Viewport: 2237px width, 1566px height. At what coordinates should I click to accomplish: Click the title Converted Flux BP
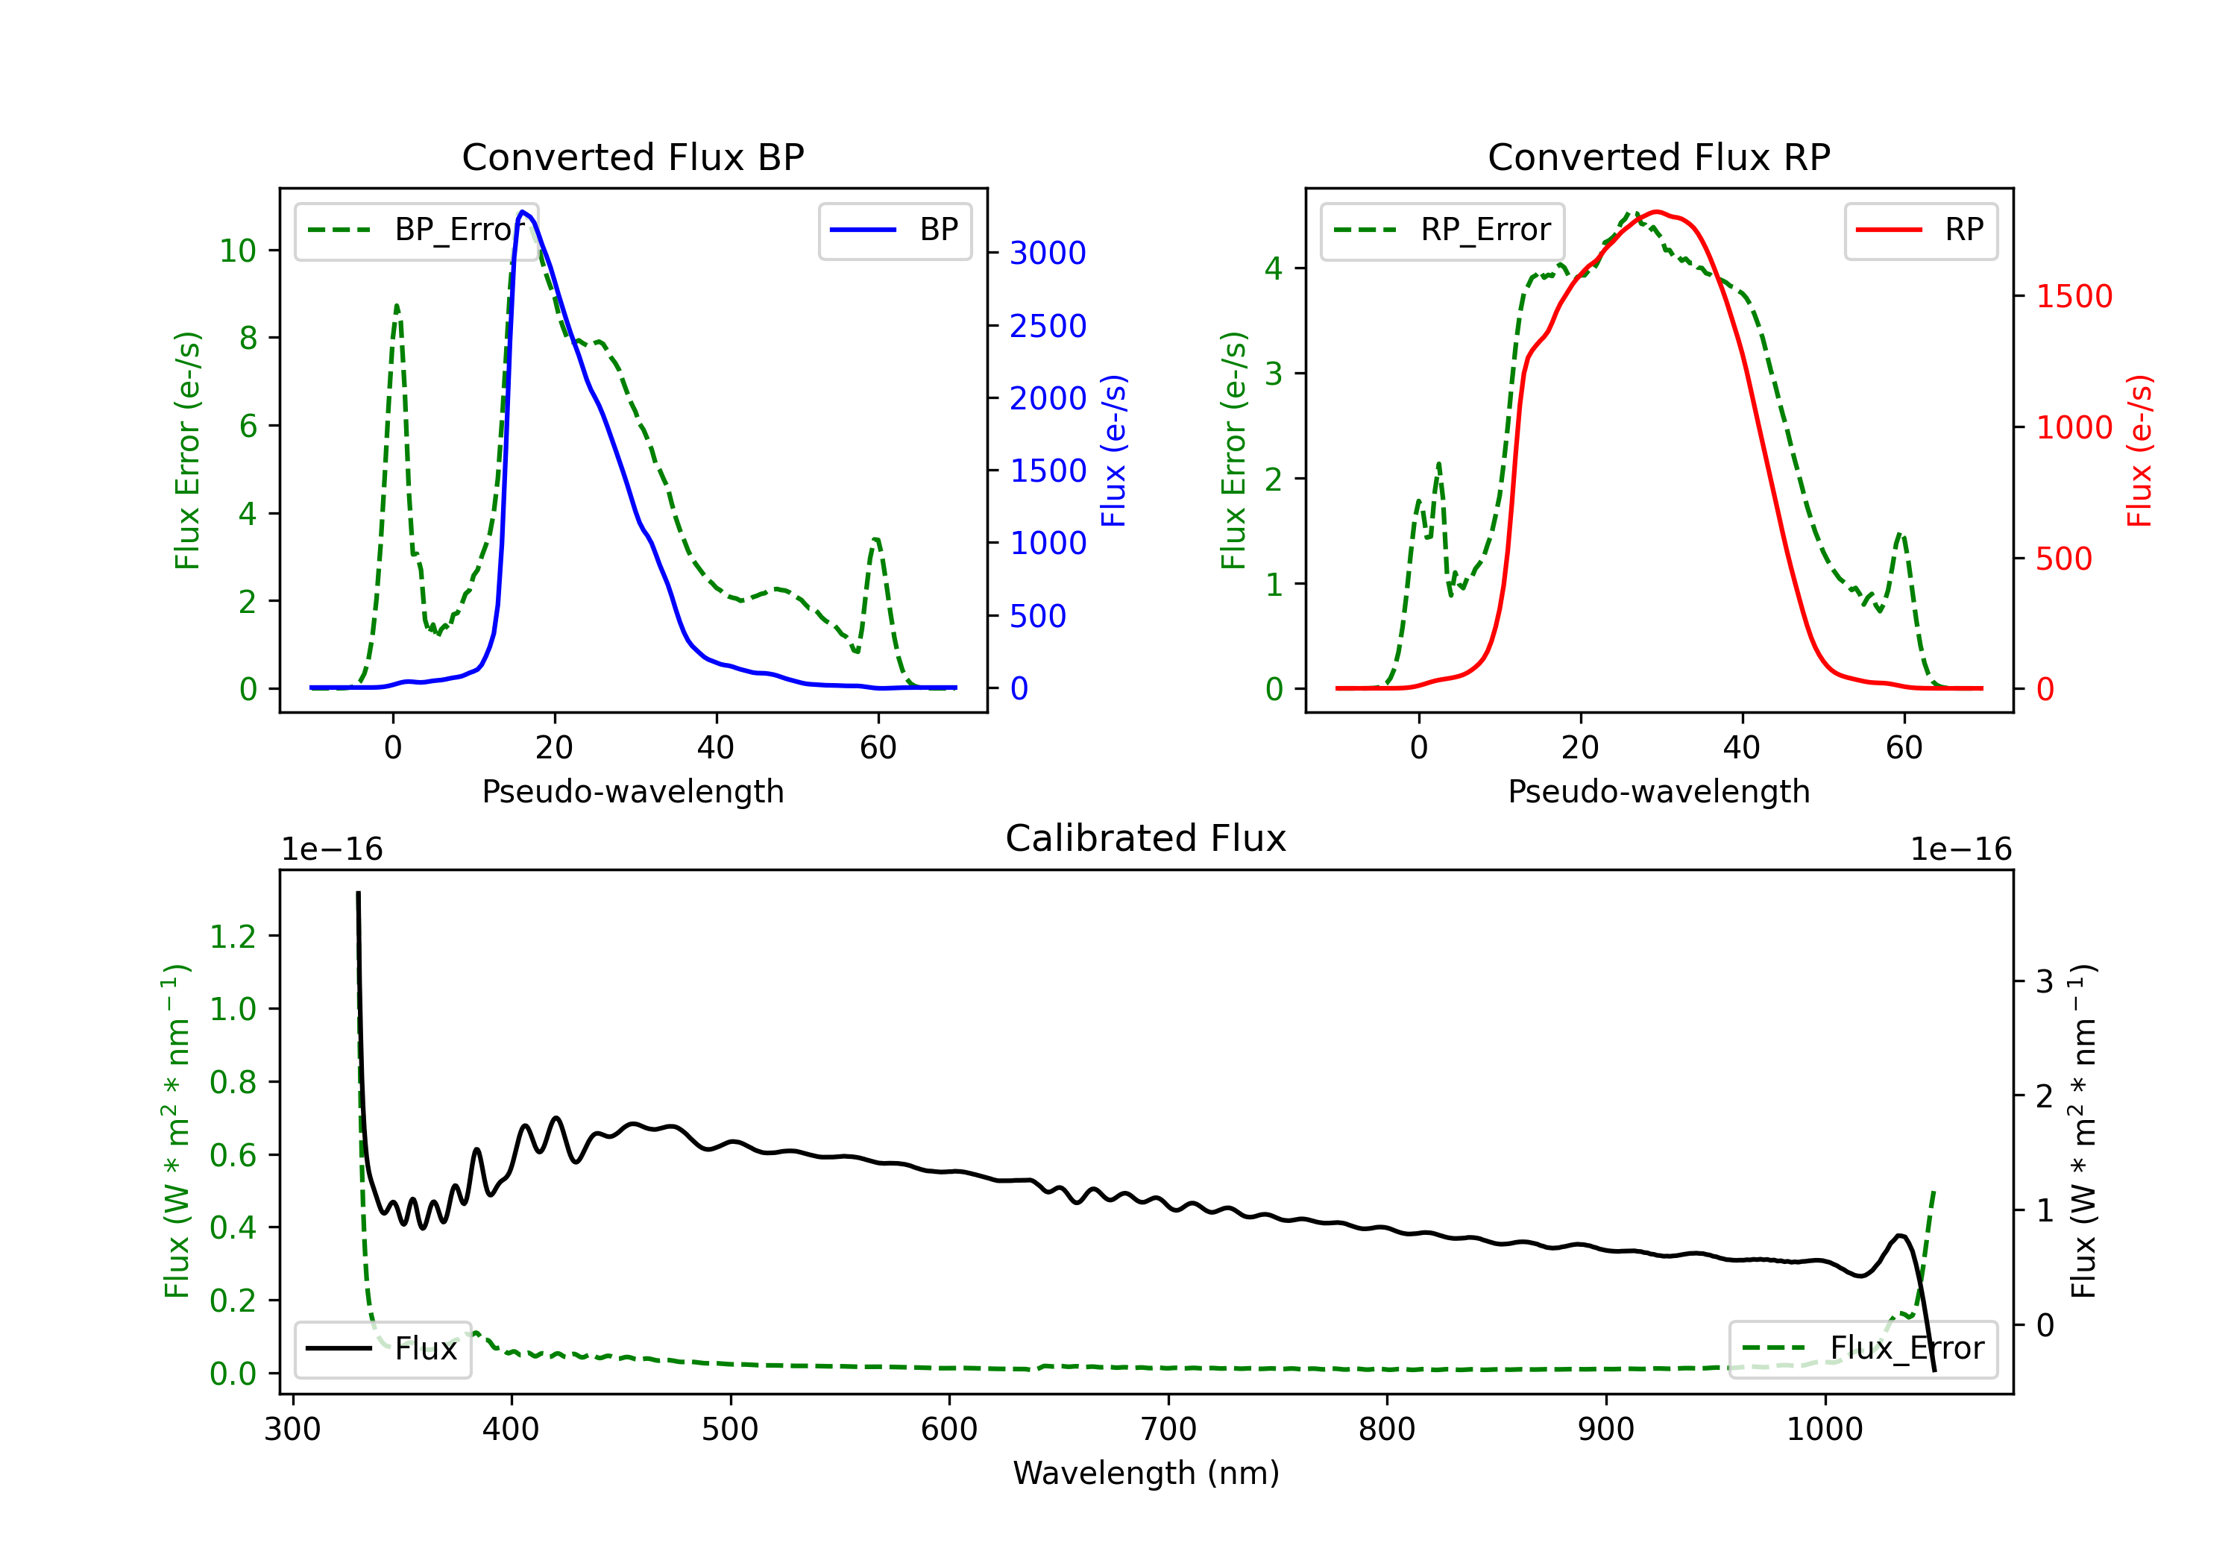pyautogui.click(x=632, y=157)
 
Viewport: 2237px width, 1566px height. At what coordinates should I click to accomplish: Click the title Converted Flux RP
pyautogui.click(x=1658, y=157)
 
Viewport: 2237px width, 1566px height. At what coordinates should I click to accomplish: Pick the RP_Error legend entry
pyautogui.click(x=1443, y=230)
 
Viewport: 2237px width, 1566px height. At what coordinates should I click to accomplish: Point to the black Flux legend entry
pyautogui.click(x=383, y=1349)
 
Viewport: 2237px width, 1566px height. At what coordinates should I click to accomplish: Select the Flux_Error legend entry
pyautogui.click(x=1863, y=1349)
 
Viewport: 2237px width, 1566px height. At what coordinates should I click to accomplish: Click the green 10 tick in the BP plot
pyautogui.click(x=238, y=251)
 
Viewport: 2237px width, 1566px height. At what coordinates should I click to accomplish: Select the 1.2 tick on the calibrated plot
pyautogui.click(x=233, y=937)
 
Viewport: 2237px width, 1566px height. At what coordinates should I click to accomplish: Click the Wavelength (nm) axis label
pyautogui.click(x=1146, y=1474)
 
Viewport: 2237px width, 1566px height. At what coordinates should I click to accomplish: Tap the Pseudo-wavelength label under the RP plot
pyautogui.click(x=1658, y=791)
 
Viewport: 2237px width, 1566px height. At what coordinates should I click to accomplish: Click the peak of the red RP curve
pyautogui.click(x=1656, y=212)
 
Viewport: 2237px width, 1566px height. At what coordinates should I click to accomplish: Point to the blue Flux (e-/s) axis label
pyautogui.click(x=1113, y=450)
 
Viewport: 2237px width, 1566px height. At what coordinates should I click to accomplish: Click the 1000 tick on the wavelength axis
pyautogui.click(x=1824, y=1430)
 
